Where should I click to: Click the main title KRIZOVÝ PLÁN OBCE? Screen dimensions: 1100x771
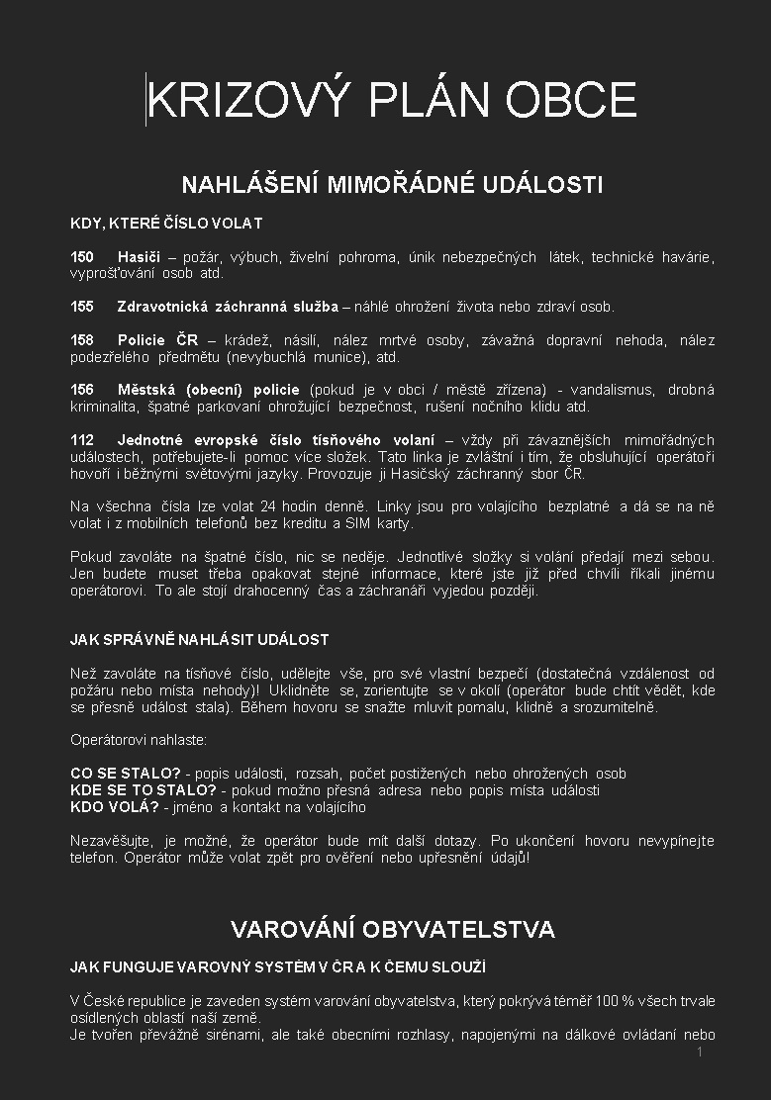click(x=392, y=100)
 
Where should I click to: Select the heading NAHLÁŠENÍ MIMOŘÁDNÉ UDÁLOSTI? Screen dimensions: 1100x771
click(x=392, y=185)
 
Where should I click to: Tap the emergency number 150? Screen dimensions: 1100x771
click(x=82, y=257)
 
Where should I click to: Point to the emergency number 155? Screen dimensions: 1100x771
click(x=82, y=307)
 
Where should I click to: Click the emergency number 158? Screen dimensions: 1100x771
click(x=82, y=340)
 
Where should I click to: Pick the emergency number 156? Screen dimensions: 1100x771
click(x=82, y=390)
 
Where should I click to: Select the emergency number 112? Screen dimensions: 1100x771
click(x=82, y=440)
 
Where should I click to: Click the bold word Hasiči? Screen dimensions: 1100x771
click(x=139, y=257)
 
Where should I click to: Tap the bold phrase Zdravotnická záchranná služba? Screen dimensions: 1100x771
click(x=228, y=307)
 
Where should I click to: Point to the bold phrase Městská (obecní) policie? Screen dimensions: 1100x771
click(x=208, y=390)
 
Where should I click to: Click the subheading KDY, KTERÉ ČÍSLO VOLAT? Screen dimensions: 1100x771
click(x=166, y=224)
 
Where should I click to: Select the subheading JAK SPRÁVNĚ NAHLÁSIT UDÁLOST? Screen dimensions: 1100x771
click(x=199, y=640)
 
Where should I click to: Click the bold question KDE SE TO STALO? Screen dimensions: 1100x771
click(x=144, y=790)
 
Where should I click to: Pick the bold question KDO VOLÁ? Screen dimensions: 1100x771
click(x=114, y=807)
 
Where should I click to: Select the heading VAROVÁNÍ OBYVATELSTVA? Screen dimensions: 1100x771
click(x=392, y=929)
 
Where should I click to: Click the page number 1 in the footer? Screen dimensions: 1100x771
click(x=700, y=1053)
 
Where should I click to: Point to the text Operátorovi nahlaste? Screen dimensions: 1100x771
click(x=139, y=740)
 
